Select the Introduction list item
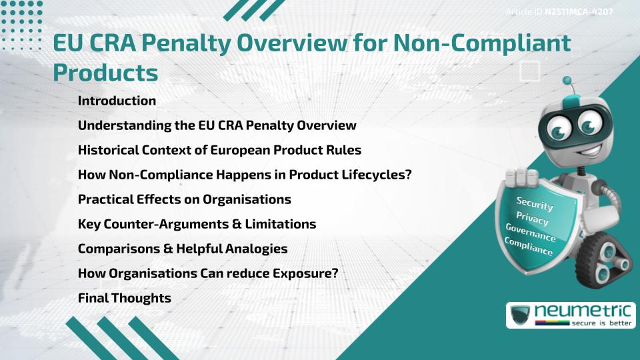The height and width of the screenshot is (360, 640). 117,101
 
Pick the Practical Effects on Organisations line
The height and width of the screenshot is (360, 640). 184,199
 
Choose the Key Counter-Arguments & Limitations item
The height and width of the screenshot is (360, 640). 197,224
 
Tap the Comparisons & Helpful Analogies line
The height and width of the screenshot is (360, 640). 183,249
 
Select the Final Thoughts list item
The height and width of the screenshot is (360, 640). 124,298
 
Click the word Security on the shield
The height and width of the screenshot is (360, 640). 535,203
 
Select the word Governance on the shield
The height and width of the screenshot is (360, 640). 531,233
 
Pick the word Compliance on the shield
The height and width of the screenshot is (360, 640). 529,247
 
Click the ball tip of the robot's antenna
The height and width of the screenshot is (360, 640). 568,81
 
